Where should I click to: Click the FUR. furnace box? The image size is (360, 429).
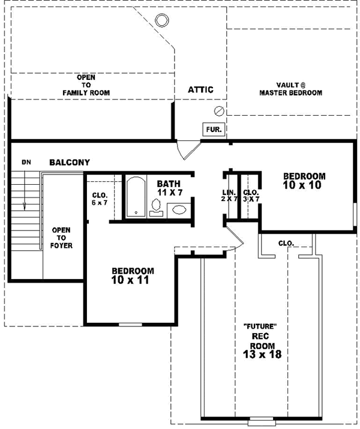click(x=213, y=129)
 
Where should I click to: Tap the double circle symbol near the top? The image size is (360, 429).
click(x=161, y=20)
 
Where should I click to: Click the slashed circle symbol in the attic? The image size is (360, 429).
click(x=220, y=111)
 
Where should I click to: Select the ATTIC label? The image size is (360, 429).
click(x=200, y=89)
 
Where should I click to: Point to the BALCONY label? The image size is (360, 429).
click(x=70, y=162)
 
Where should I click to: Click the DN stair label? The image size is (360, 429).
click(x=26, y=162)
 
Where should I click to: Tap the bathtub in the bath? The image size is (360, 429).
click(x=135, y=197)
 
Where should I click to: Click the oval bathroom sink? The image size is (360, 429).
click(x=179, y=210)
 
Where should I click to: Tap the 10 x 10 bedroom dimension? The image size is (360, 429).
click(x=304, y=185)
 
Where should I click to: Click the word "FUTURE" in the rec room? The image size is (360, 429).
click(x=259, y=327)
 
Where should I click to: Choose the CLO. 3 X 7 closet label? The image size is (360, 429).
click(x=250, y=195)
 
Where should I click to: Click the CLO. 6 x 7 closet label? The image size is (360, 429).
click(x=100, y=199)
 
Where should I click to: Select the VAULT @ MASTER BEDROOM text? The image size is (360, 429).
click(x=290, y=89)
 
